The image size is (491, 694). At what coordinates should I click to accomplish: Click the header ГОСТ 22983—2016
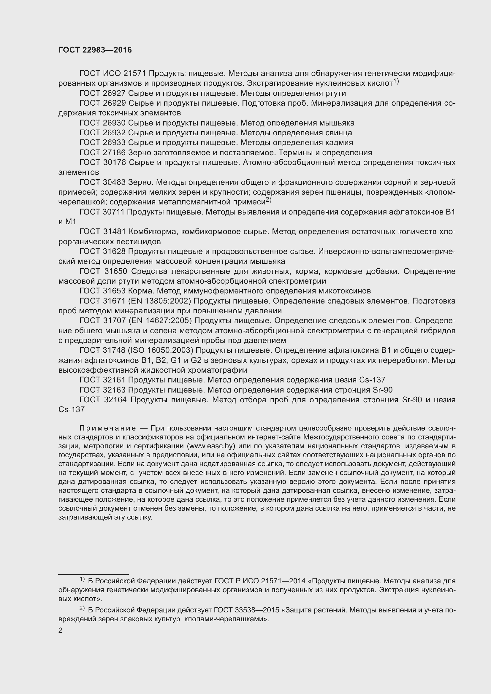pos(95,50)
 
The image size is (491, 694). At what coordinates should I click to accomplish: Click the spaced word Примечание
pos(107,428)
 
